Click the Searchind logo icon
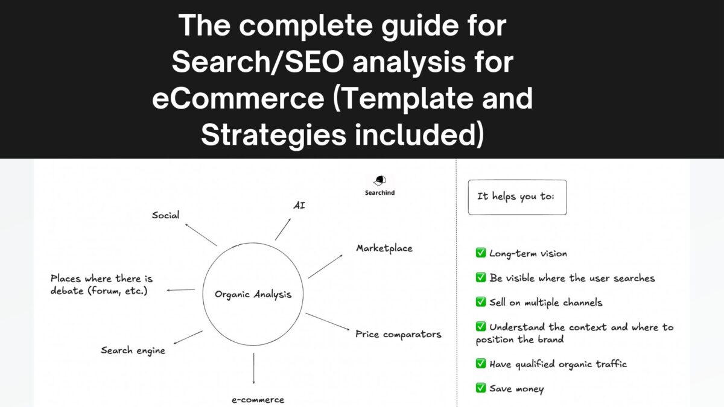point(379,181)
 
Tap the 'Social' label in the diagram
point(165,215)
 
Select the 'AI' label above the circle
point(299,206)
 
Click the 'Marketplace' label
point(384,248)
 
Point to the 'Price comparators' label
point(398,334)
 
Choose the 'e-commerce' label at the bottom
point(258,399)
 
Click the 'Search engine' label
point(133,350)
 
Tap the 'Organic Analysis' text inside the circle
point(253,295)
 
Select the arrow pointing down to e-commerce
point(253,368)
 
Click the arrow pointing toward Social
point(200,235)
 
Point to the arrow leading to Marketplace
point(325,266)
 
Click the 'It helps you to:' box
point(517,197)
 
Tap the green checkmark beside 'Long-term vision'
point(481,253)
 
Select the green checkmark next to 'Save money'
point(481,388)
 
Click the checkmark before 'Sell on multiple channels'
point(481,302)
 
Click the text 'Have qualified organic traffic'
point(558,364)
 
